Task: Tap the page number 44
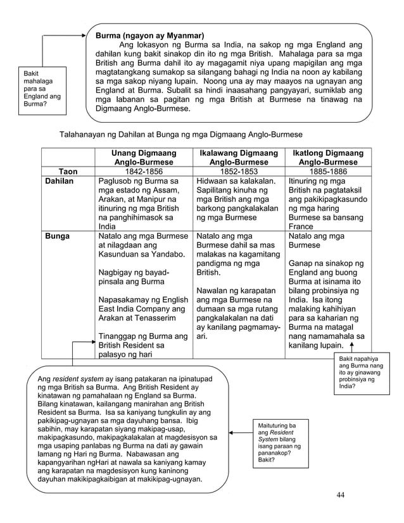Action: tap(341, 495)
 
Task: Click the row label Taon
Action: tap(68, 171)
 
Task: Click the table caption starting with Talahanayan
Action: tap(180, 135)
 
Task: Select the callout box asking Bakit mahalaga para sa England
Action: tap(41, 92)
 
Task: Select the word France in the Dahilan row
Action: tap(300, 226)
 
